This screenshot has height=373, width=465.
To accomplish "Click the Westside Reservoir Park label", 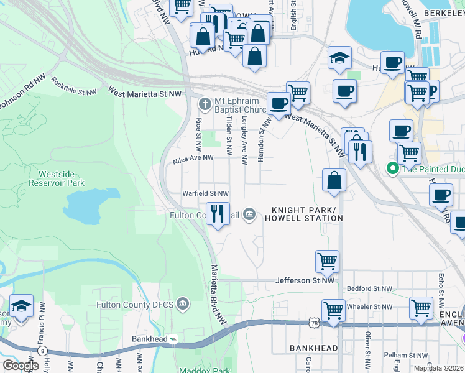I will tap(57, 178).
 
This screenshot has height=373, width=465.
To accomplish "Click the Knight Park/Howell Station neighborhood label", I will tap(303, 214).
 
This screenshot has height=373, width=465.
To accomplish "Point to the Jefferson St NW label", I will tap(305, 281).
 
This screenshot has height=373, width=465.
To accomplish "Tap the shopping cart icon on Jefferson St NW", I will tap(327, 261).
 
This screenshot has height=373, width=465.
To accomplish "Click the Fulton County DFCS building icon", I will tap(182, 305).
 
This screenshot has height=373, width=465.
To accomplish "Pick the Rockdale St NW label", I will tap(74, 86).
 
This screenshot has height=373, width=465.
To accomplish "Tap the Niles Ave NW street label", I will tap(193, 160).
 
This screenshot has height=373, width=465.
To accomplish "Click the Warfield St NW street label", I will tap(205, 194).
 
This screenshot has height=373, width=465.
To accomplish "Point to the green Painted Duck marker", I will tap(392, 168).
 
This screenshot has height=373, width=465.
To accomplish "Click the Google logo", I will tap(21, 366).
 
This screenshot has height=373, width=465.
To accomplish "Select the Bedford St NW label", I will tap(369, 289).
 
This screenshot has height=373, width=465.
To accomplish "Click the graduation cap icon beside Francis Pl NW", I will tap(21, 306).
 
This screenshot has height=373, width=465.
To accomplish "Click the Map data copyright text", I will tap(438, 368).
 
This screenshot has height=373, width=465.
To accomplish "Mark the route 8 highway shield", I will tap(42, 351).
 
